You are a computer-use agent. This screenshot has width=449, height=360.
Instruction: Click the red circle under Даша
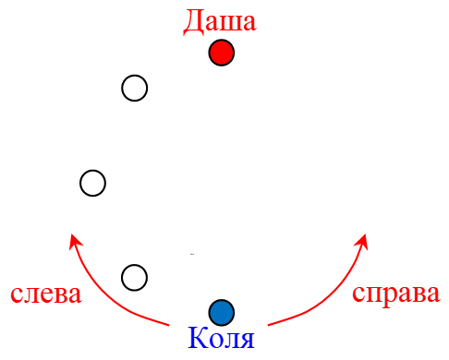[222, 54]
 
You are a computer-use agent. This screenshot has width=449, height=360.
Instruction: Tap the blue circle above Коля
[222, 312]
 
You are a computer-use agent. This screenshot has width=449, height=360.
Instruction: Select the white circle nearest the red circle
[135, 88]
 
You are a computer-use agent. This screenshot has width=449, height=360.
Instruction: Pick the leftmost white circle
[92, 183]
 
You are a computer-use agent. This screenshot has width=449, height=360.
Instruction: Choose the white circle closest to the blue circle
[135, 277]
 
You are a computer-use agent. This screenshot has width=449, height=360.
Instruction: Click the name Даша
[220, 21]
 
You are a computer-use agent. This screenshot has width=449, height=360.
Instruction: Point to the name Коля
[221, 339]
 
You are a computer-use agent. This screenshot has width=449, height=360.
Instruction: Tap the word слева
[46, 294]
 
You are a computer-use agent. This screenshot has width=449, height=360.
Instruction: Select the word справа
[396, 294]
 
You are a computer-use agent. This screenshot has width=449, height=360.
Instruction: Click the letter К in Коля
[197, 339]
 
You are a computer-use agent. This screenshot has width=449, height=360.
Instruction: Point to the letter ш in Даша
[230, 23]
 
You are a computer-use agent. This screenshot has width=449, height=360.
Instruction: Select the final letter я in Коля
[245, 341]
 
